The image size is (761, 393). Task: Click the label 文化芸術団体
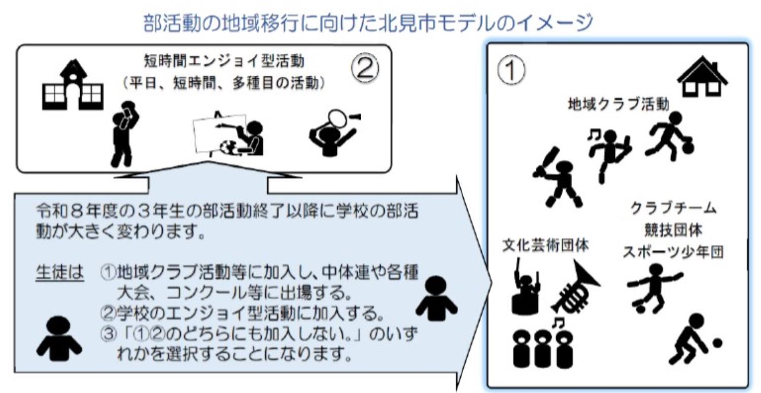[x=545, y=245]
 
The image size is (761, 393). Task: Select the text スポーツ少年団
[x=673, y=252]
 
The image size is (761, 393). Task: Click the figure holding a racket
[x=332, y=131]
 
